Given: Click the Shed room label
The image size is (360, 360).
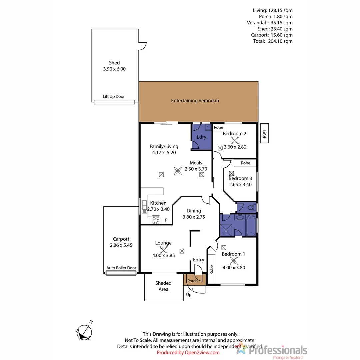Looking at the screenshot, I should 114,63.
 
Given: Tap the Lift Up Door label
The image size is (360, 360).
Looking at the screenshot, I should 114,97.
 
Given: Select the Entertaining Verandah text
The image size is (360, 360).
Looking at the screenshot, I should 195,100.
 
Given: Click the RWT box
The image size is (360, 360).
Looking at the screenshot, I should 264,134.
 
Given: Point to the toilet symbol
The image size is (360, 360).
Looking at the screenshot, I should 251,207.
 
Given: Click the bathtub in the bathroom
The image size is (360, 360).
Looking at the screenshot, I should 251,226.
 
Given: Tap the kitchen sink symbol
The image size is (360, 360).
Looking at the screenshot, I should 145,207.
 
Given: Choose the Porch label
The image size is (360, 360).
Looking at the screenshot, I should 192,281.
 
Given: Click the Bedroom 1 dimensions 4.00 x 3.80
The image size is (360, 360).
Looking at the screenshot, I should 233,267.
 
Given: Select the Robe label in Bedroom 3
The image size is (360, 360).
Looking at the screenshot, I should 245,163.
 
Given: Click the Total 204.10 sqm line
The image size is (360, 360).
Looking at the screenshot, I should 273,41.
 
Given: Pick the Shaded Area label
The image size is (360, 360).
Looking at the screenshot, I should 163,286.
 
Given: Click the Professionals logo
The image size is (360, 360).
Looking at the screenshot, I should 272,351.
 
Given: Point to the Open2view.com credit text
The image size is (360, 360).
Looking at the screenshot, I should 188,352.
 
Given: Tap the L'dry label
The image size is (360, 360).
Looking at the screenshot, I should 201,137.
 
